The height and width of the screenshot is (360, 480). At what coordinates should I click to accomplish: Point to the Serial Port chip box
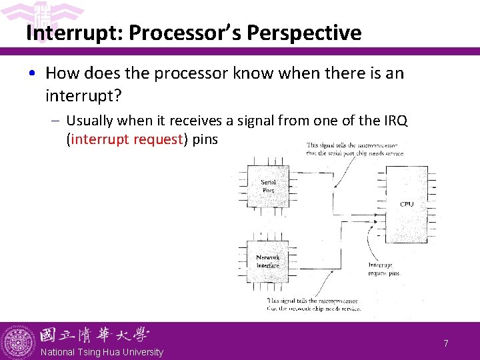pyautogui.click(x=268, y=187)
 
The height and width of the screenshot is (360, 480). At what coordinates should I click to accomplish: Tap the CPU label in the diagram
pyautogui.click(x=407, y=204)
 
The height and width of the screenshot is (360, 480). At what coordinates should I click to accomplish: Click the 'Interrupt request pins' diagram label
pyautogui.click(x=385, y=269)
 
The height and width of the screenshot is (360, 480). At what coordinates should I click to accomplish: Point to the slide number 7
pyautogui.click(x=446, y=343)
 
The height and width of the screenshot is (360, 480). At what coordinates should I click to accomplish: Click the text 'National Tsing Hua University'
pyautogui.click(x=102, y=352)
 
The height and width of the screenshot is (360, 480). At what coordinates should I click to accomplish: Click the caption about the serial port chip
pyautogui.click(x=353, y=149)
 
